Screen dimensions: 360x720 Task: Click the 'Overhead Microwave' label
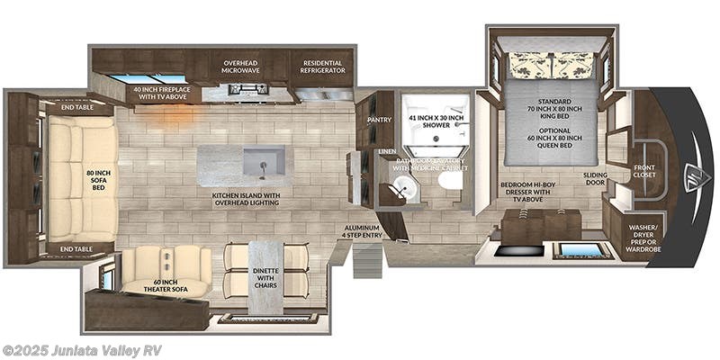(x=239, y=69)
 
